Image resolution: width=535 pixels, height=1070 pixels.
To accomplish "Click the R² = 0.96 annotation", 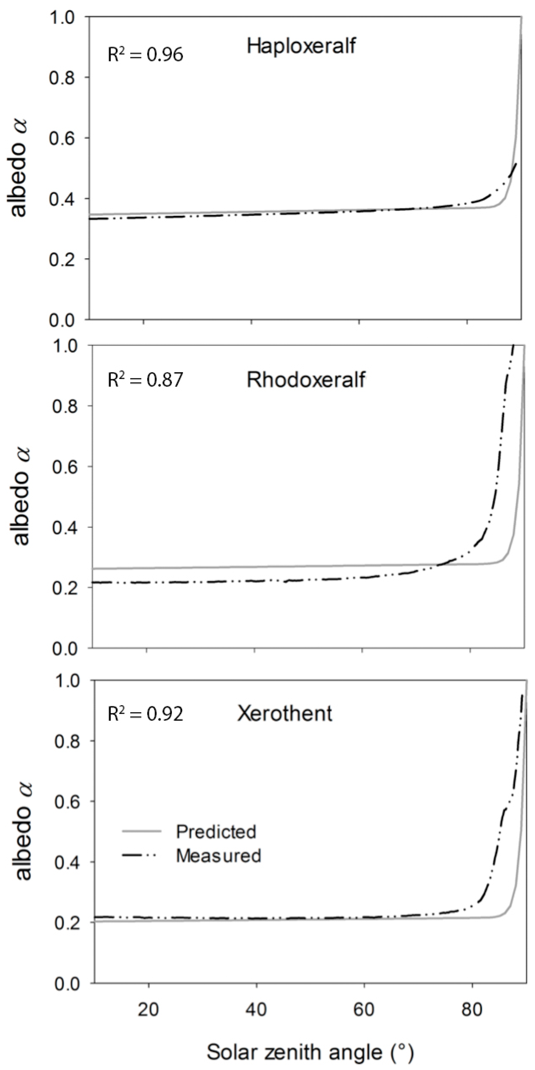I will (x=145, y=54).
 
